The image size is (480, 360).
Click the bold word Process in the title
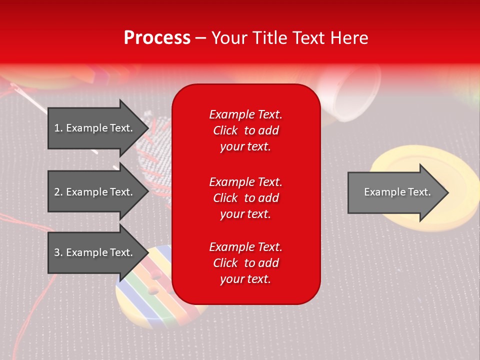[x=157, y=38]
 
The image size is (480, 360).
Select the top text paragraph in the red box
[x=245, y=130]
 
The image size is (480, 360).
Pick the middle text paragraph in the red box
[x=245, y=198]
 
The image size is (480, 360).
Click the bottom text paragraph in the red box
[x=245, y=263]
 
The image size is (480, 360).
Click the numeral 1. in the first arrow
[x=58, y=128]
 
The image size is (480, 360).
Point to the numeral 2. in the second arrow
[x=58, y=192]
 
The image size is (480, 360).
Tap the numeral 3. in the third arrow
[x=58, y=252]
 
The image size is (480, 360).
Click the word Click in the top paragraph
[x=225, y=130]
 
